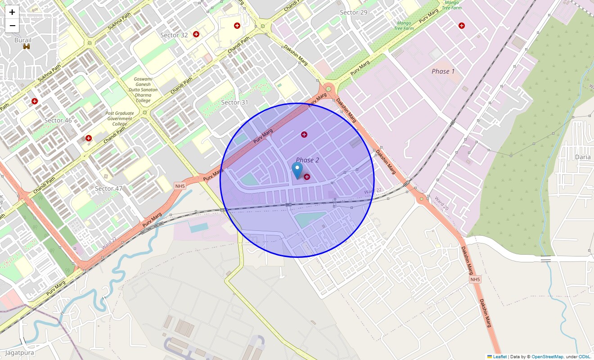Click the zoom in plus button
[12, 12]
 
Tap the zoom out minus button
[12, 26]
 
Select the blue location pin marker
[297, 171]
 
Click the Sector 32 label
[174, 35]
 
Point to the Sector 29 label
[353, 13]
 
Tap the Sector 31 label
[234, 103]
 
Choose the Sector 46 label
[58, 121]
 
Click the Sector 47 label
[108, 189]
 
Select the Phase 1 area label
[443, 72]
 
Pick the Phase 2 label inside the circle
[307, 160]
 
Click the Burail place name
[23, 40]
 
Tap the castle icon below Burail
[27, 46]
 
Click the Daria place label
[583, 157]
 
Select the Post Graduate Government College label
[120, 119]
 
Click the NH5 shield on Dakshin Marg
[475, 280]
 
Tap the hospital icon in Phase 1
[461, 26]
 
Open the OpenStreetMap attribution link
[547, 357]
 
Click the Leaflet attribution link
[499, 357]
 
